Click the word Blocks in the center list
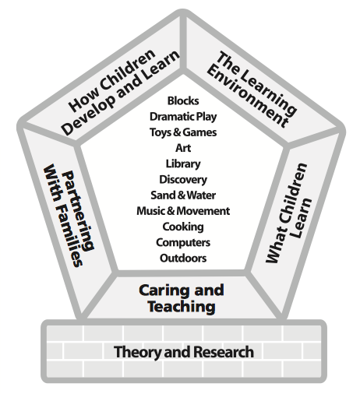[x=183, y=101]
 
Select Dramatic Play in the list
[x=183, y=117]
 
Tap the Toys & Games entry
[x=183, y=132]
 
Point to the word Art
[x=183, y=148]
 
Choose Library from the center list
[x=183, y=164]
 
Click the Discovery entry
[x=183, y=180]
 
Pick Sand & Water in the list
[x=183, y=195]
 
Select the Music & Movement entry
[x=183, y=211]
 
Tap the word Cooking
[x=183, y=227]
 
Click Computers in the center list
[x=183, y=242]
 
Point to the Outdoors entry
[x=183, y=258]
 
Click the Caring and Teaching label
[x=181, y=298]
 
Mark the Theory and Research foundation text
[x=183, y=352]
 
